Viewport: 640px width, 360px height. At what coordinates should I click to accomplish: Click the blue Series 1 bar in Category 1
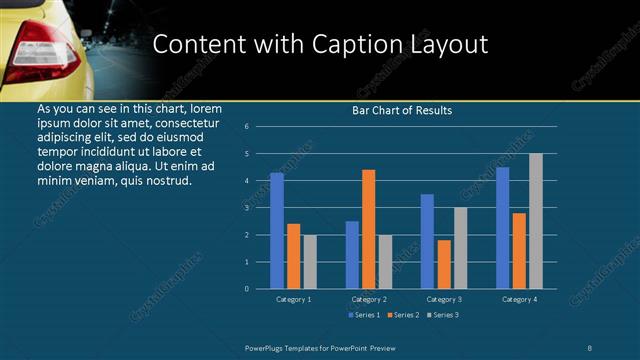point(277,231)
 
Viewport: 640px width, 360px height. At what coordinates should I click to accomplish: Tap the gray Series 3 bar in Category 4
point(536,221)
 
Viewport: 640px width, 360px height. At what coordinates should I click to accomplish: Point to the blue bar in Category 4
point(503,228)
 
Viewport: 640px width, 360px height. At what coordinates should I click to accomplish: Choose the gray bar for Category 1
point(310,262)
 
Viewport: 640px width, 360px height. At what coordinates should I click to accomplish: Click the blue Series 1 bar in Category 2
point(352,255)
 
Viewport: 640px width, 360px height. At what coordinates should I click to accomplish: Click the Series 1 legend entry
point(363,315)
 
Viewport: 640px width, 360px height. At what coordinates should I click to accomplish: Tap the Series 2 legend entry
point(399,315)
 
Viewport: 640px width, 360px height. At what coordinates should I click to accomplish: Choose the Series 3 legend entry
point(442,315)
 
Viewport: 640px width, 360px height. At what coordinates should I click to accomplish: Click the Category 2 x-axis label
point(369,299)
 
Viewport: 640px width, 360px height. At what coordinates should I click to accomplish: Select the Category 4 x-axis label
point(519,299)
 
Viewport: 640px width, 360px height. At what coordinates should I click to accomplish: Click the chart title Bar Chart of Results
point(402,110)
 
